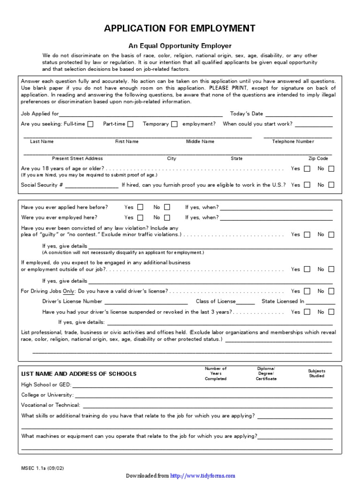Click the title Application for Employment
(x=180, y=29)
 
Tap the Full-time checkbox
(x=90, y=124)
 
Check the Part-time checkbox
(x=130, y=124)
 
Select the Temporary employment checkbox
(x=174, y=124)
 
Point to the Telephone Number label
(x=293, y=142)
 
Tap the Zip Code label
(x=318, y=158)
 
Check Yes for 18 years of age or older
(x=307, y=168)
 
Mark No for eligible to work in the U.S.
(x=331, y=185)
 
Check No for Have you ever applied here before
(x=167, y=207)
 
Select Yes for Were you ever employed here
(x=140, y=217)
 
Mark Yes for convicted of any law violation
(x=307, y=234)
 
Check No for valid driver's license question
(x=331, y=291)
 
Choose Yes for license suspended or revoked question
(x=307, y=312)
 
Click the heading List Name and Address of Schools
(x=79, y=374)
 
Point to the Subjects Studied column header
(x=316, y=373)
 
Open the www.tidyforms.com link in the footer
(x=202, y=475)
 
